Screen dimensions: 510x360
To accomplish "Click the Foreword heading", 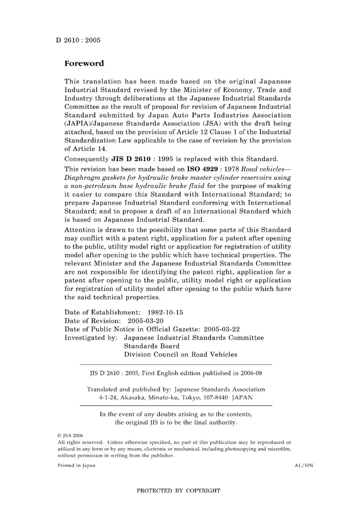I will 84,63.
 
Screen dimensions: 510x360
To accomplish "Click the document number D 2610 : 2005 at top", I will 78,40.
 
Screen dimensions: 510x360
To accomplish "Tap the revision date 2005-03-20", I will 146,321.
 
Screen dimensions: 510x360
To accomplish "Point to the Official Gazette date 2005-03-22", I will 222,329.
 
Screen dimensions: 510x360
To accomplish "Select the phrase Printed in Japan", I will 76,465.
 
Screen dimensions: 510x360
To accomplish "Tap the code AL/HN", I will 304,465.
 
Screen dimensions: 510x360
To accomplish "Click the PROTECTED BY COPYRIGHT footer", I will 178,491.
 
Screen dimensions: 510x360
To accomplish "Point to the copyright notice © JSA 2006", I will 70,436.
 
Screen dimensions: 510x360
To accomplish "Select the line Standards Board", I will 152,346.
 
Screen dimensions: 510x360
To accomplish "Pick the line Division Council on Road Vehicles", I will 180,355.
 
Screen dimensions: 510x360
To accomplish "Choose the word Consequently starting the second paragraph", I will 86,159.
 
